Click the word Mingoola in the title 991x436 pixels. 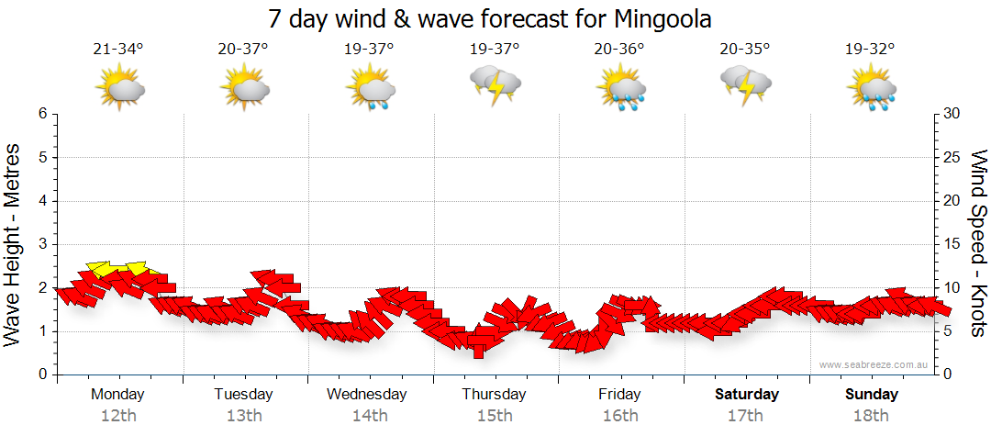coord(659,18)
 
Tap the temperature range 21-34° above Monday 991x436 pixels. coord(118,50)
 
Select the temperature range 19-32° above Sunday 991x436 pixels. coord(870,50)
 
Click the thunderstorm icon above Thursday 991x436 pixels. coord(495,86)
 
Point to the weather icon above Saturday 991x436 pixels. coord(746,86)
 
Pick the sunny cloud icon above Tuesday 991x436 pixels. coord(244,88)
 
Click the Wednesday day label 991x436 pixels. coord(367,394)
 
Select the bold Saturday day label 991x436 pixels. coord(746,394)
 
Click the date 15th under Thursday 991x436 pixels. coord(495,415)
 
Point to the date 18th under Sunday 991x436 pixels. coord(871,415)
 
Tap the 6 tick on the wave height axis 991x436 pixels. coord(42,114)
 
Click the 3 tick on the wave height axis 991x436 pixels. coord(42,244)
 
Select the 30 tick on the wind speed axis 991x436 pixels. coord(952,114)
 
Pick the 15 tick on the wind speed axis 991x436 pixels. coord(952,244)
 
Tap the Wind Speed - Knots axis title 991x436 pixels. coord(978,244)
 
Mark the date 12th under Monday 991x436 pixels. coord(118,415)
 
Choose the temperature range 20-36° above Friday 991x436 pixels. coord(619,50)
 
